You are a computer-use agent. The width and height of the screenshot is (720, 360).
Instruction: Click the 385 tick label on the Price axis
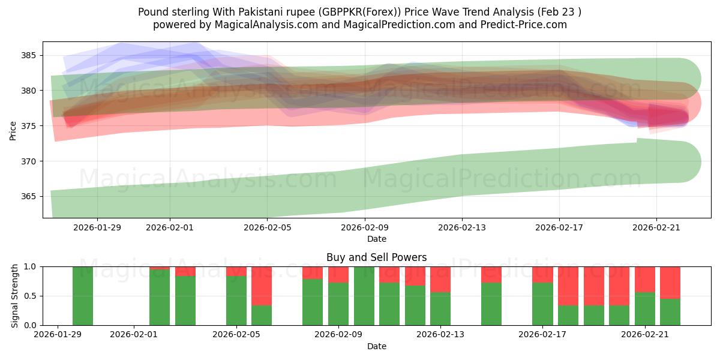(29, 56)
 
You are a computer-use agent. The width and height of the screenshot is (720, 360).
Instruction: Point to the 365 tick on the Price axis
(29, 197)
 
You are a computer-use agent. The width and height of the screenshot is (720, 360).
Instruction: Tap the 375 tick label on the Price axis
(29, 126)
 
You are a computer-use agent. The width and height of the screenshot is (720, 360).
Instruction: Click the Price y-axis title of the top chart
(13, 130)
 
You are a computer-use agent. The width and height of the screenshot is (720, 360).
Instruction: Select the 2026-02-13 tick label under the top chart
(462, 227)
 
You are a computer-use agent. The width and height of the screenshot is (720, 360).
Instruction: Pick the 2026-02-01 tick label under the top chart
(170, 227)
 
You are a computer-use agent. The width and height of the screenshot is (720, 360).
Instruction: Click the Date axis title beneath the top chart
(376, 239)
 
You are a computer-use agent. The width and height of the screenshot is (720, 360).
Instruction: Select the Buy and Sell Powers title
(376, 257)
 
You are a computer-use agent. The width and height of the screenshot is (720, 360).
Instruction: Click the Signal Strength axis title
(15, 296)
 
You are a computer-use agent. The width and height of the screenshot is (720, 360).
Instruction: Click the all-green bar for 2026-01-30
(83, 296)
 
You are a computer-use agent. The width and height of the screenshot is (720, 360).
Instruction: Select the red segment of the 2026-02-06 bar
(262, 286)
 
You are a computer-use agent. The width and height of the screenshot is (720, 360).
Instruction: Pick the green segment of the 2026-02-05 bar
(236, 301)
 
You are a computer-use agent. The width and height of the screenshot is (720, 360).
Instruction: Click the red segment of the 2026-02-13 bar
(440, 279)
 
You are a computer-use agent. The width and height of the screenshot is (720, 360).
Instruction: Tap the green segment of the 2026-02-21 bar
(645, 309)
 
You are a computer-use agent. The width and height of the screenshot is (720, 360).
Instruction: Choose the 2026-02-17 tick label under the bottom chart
(543, 335)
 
